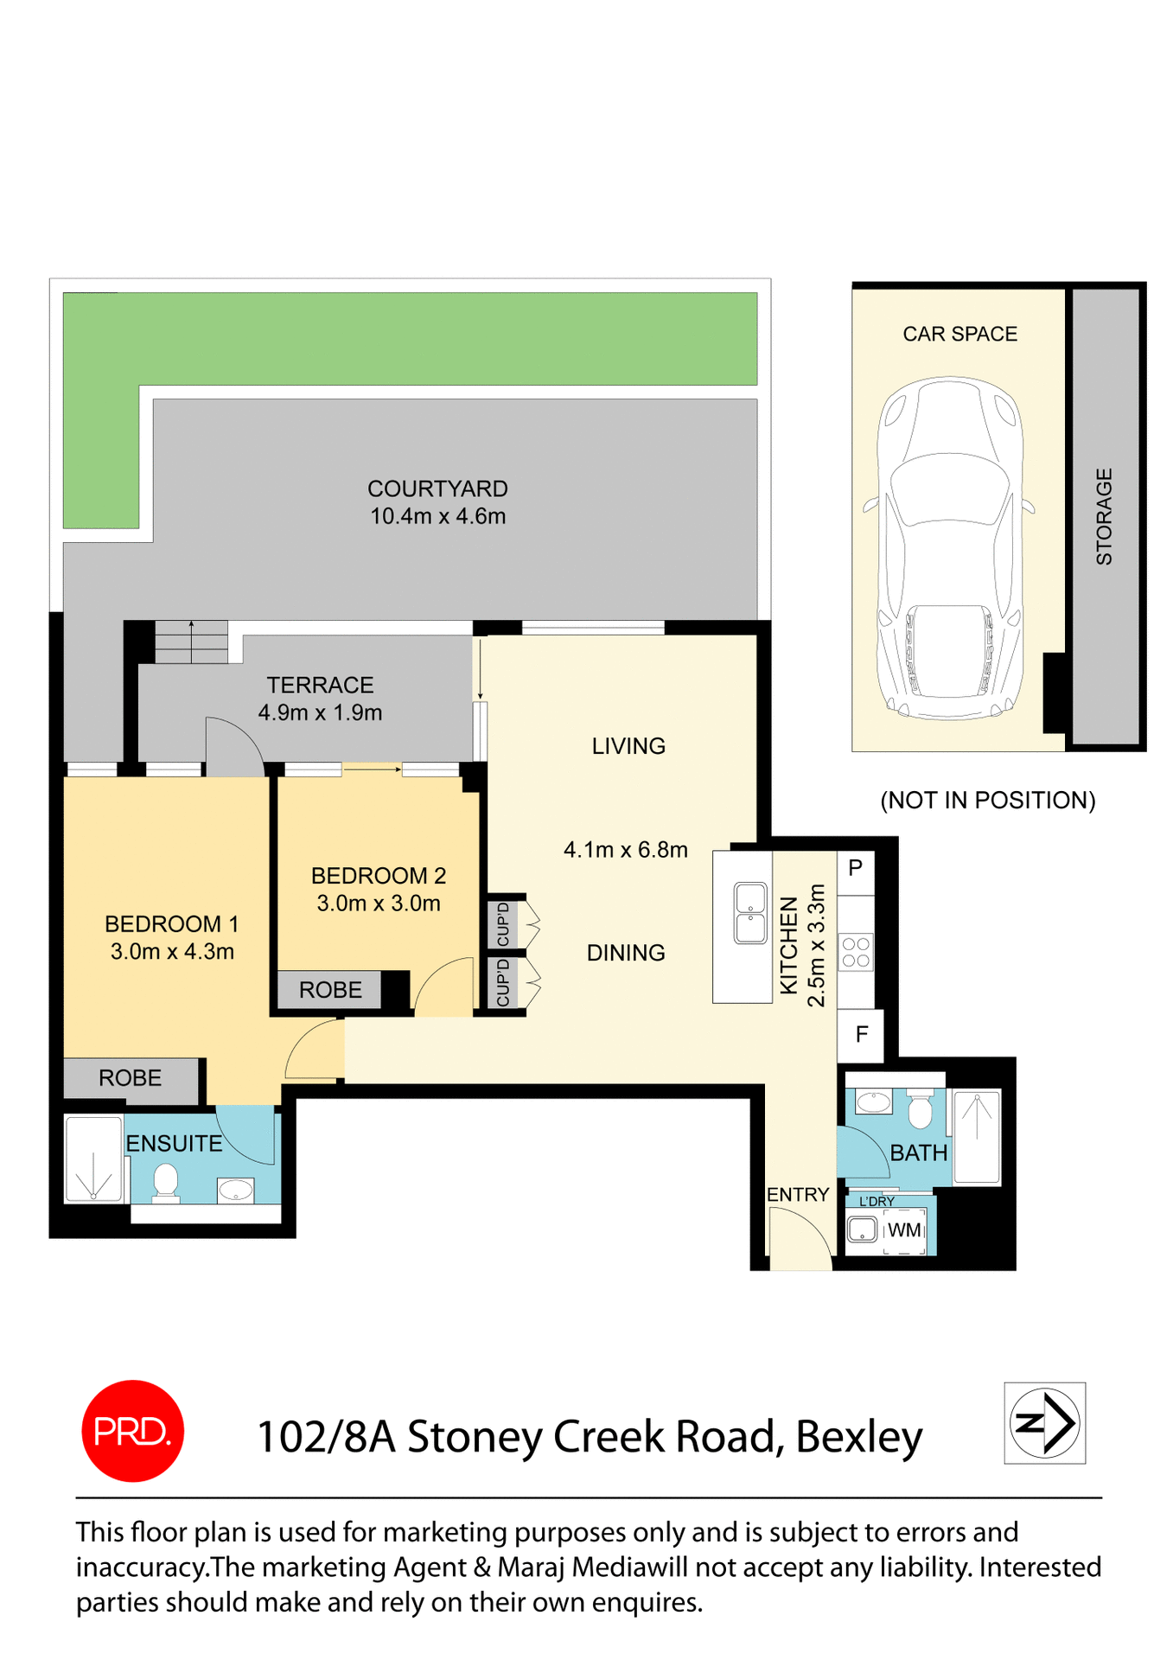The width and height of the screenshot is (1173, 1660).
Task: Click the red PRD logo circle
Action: pyautogui.click(x=132, y=1431)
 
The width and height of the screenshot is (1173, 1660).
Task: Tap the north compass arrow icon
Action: pyautogui.click(x=1044, y=1422)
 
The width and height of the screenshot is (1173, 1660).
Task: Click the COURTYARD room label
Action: pyautogui.click(x=437, y=488)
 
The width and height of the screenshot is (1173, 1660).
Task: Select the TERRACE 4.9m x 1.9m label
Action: pyautogui.click(x=320, y=699)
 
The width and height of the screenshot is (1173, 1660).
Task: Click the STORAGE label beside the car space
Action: pyautogui.click(x=1104, y=517)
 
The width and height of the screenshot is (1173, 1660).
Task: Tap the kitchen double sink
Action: pyautogui.click(x=749, y=913)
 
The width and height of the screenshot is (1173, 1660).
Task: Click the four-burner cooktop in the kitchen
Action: pyautogui.click(x=856, y=952)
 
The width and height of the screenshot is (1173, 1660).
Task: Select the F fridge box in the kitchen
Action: pyautogui.click(x=861, y=1034)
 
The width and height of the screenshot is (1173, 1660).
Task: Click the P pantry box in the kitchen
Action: pyautogui.click(x=855, y=868)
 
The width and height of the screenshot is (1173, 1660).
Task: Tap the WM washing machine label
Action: pyautogui.click(x=904, y=1229)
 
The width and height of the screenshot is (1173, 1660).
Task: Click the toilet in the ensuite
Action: pyautogui.click(x=165, y=1182)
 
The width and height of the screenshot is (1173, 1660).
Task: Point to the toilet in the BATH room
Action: pyautogui.click(x=920, y=1109)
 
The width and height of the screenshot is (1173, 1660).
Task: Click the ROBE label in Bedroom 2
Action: pyautogui.click(x=330, y=990)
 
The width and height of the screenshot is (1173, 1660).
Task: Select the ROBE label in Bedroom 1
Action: pyautogui.click(x=130, y=1078)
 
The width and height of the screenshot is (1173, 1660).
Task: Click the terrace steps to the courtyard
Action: pyautogui.click(x=191, y=642)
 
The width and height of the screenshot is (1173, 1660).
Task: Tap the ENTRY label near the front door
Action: pyautogui.click(x=797, y=1194)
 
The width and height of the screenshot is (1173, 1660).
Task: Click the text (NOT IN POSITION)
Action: pyautogui.click(x=987, y=801)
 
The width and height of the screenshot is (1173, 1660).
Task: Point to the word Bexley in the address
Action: pyautogui.click(x=858, y=1437)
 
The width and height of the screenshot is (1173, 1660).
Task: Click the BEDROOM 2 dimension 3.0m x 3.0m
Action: pyautogui.click(x=379, y=903)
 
